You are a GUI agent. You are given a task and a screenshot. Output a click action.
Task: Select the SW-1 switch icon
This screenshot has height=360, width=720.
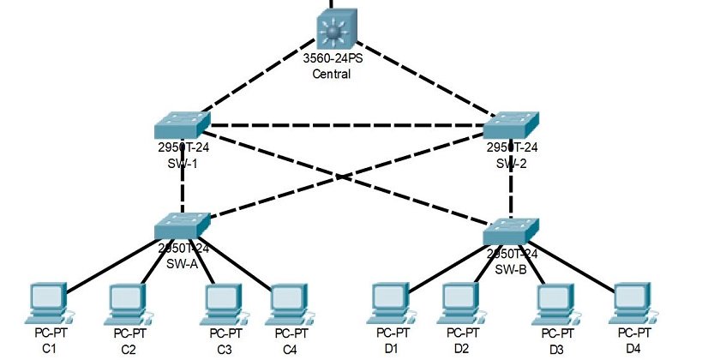click(x=183, y=125)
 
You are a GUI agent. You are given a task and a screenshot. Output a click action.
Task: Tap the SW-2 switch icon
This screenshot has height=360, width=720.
click(x=512, y=125)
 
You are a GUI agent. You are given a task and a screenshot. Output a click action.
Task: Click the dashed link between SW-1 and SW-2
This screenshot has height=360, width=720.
click(x=343, y=126)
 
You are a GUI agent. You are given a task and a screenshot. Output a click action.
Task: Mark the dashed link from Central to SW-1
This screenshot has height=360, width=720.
click(x=257, y=77)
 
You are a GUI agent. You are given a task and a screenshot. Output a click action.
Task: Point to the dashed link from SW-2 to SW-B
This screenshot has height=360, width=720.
click(x=512, y=193)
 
